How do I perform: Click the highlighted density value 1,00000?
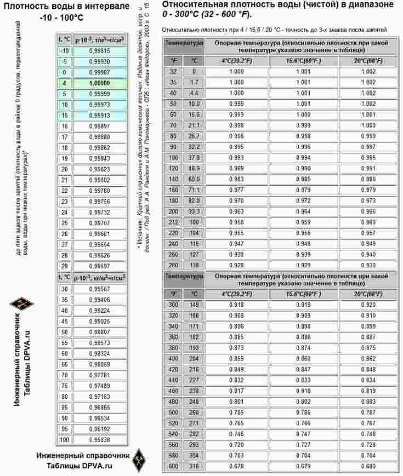click(x=99, y=83)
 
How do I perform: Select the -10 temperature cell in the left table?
click(x=64, y=50)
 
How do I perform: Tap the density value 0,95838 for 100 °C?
click(x=99, y=439)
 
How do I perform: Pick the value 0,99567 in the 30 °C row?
click(x=99, y=289)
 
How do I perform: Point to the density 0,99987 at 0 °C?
click(x=99, y=72)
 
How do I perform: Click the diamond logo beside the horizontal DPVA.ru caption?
click(x=140, y=460)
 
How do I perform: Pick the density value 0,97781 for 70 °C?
click(x=99, y=375)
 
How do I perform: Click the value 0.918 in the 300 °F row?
click(x=236, y=305)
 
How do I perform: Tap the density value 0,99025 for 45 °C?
click(x=99, y=321)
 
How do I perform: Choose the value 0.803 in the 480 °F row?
click(x=368, y=402)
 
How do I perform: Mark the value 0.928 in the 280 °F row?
click(x=236, y=265)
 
